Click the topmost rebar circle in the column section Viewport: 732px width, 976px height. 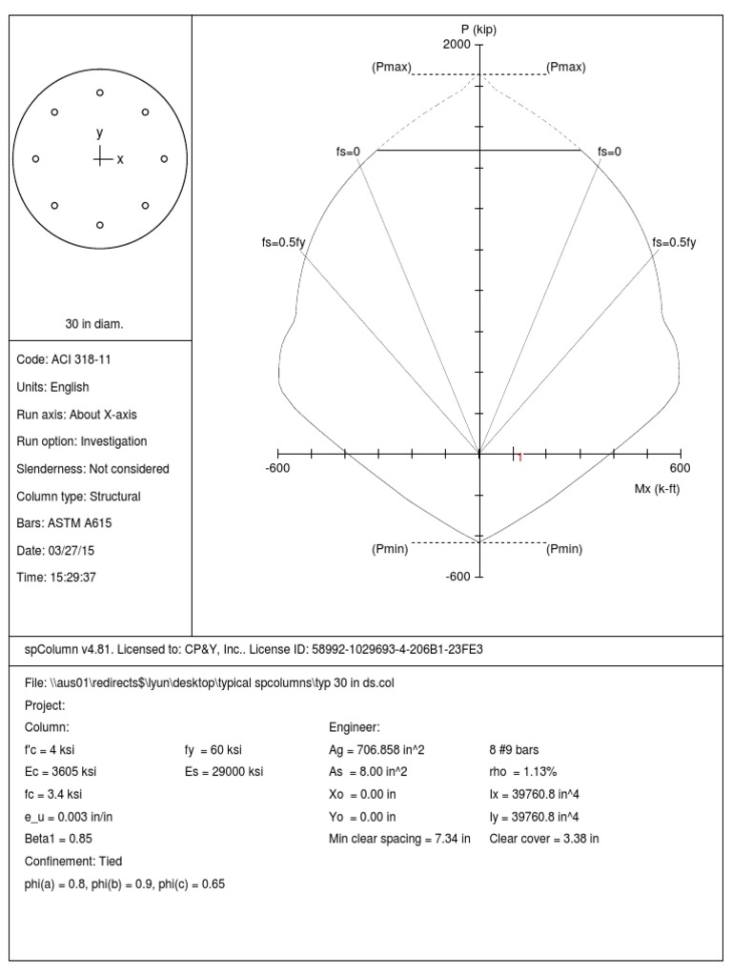pyautogui.click(x=100, y=92)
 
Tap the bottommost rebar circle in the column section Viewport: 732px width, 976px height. pyautogui.click(x=100, y=225)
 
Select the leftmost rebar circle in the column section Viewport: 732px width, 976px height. pyautogui.click(x=36, y=158)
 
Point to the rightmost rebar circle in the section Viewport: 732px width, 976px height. pyautogui.click(x=164, y=158)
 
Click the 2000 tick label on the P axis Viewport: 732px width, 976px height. pyautogui.click(x=457, y=45)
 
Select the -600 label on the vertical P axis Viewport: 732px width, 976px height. pyautogui.click(x=458, y=577)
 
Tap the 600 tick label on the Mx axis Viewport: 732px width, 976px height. pyautogui.click(x=680, y=468)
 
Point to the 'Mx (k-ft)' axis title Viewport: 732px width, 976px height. pyautogui.click(x=657, y=488)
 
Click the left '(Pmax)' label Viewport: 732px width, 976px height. pyautogui.click(x=392, y=67)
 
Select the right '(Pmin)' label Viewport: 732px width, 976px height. pyautogui.click(x=564, y=549)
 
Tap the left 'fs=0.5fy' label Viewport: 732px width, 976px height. pyautogui.click(x=283, y=242)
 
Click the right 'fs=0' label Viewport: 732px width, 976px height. pyautogui.click(x=610, y=151)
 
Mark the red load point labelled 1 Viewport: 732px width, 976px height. pyautogui.click(x=518, y=457)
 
